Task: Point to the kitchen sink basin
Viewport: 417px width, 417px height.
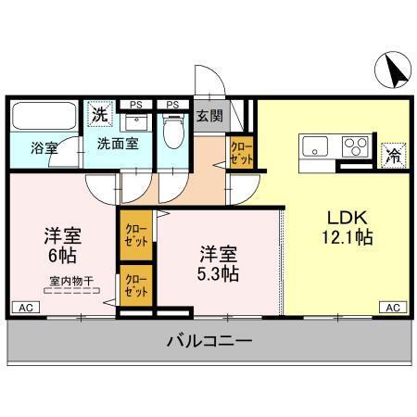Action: [x=315, y=145]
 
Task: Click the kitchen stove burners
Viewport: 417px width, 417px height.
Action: [x=355, y=145]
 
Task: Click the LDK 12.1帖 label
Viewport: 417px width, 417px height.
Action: [x=348, y=227]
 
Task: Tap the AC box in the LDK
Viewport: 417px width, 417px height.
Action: [x=391, y=307]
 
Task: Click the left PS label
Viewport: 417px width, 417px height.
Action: [x=136, y=104]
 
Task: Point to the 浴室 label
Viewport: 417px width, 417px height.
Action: [x=44, y=146]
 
